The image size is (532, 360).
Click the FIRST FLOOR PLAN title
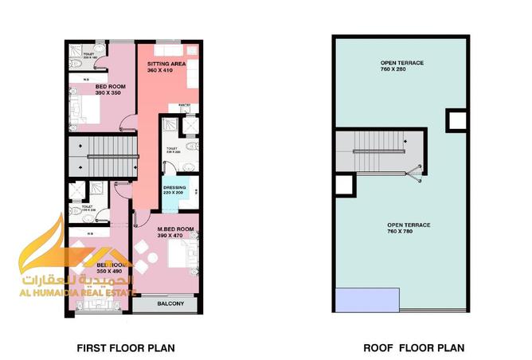click(x=125, y=348)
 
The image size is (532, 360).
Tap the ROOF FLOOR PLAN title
click(x=413, y=348)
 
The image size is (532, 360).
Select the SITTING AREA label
click(x=166, y=64)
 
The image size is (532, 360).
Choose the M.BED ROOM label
click(x=175, y=229)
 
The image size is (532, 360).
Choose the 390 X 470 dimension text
click(x=175, y=236)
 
